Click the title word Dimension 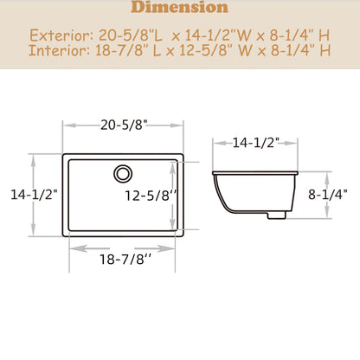click(180, 9)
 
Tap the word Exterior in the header click(61, 36)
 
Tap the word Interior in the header click(60, 51)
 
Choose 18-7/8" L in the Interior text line click(130, 51)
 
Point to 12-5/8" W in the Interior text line click(212, 51)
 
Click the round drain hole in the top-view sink click(122, 172)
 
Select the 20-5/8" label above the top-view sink click(123, 125)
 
